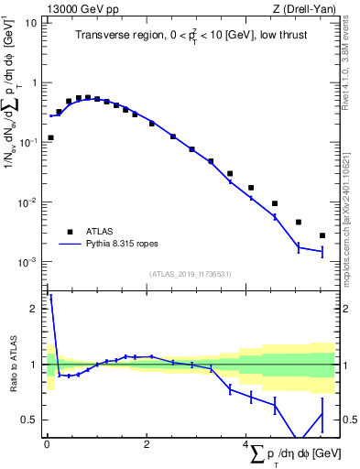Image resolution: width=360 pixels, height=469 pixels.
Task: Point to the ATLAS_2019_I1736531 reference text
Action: (x=190, y=274)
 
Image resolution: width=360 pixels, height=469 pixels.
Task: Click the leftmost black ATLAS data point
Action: (x=49, y=137)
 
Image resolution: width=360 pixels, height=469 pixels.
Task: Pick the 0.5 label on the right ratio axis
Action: (x=348, y=420)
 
